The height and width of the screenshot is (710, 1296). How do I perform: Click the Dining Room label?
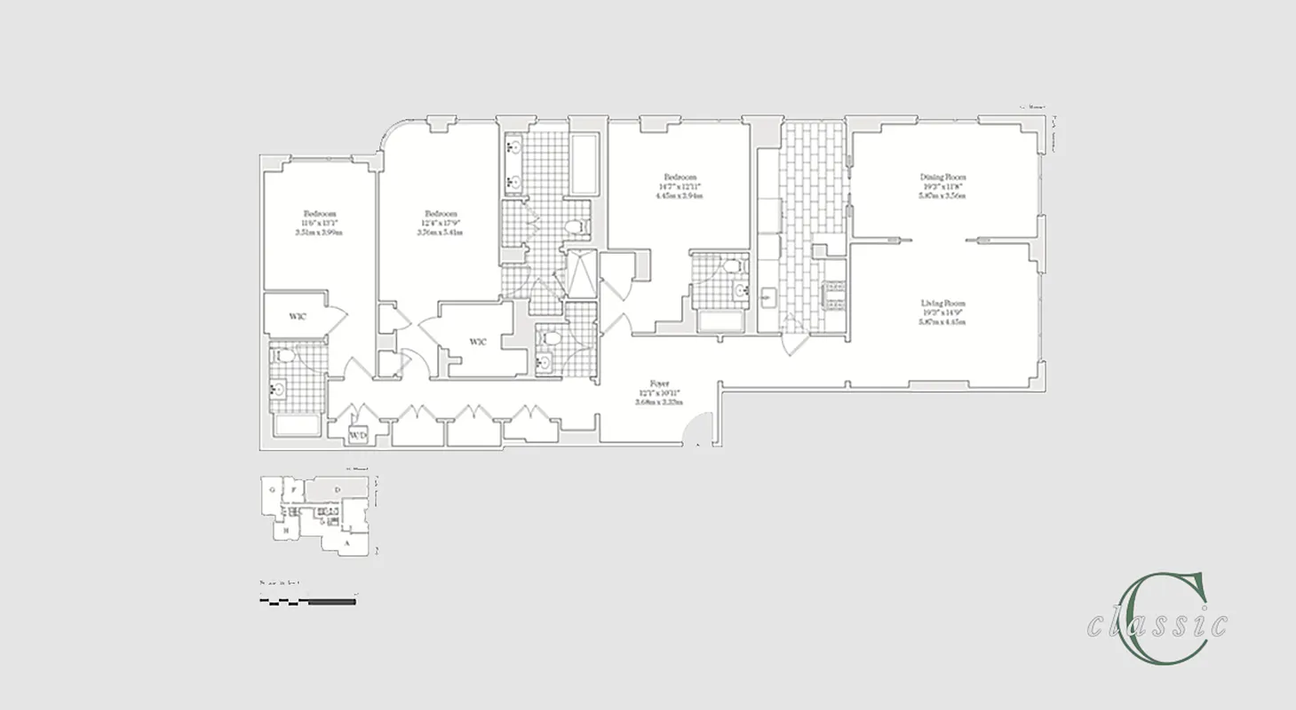click(x=942, y=177)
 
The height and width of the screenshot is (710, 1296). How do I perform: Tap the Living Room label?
click(x=942, y=304)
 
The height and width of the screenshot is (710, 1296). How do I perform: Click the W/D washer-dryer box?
click(x=357, y=436)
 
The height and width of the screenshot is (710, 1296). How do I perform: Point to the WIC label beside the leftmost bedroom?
click(x=298, y=316)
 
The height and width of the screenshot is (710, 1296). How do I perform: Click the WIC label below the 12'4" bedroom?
click(x=478, y=341)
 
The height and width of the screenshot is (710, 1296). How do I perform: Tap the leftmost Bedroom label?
click(x=319, y=214)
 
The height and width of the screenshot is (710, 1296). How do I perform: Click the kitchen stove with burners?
click(x=835, y=296)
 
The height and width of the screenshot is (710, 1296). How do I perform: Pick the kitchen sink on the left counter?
click(x=769, y=297)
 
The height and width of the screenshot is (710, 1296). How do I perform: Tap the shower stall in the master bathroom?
click(x=583, y=274)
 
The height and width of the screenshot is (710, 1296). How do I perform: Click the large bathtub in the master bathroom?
click(x=585, y=165)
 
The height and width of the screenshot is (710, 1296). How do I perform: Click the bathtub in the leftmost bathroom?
click(x=296, y=425)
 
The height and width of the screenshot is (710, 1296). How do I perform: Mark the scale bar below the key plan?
click(x=307, y=601)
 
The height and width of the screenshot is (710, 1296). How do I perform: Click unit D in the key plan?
click(x=337, y=490)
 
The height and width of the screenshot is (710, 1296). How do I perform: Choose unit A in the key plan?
click(x=346, y=540)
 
